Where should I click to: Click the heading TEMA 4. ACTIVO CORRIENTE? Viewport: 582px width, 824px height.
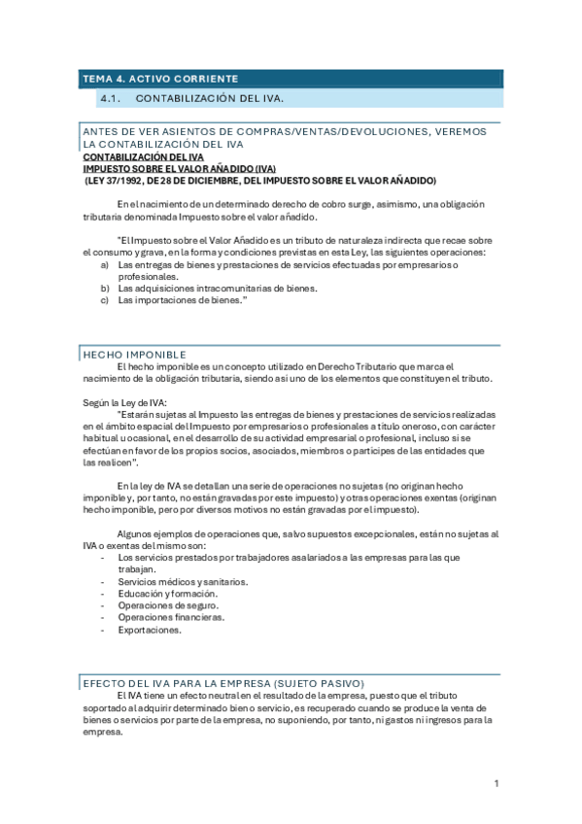tap(159, 79)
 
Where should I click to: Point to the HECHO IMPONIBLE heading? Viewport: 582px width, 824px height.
tap(134, 355)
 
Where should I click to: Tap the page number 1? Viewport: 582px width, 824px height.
tap(496, 783)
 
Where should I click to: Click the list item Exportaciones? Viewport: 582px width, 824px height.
tap(149, 630)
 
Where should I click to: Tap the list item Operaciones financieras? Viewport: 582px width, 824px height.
tap(171, 617)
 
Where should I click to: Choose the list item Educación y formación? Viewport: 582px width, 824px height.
tap(167, 593)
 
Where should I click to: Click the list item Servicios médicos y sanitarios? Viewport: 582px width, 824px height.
tap(183, 581)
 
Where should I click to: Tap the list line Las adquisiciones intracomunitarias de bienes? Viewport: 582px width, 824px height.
tap(218, 289)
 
